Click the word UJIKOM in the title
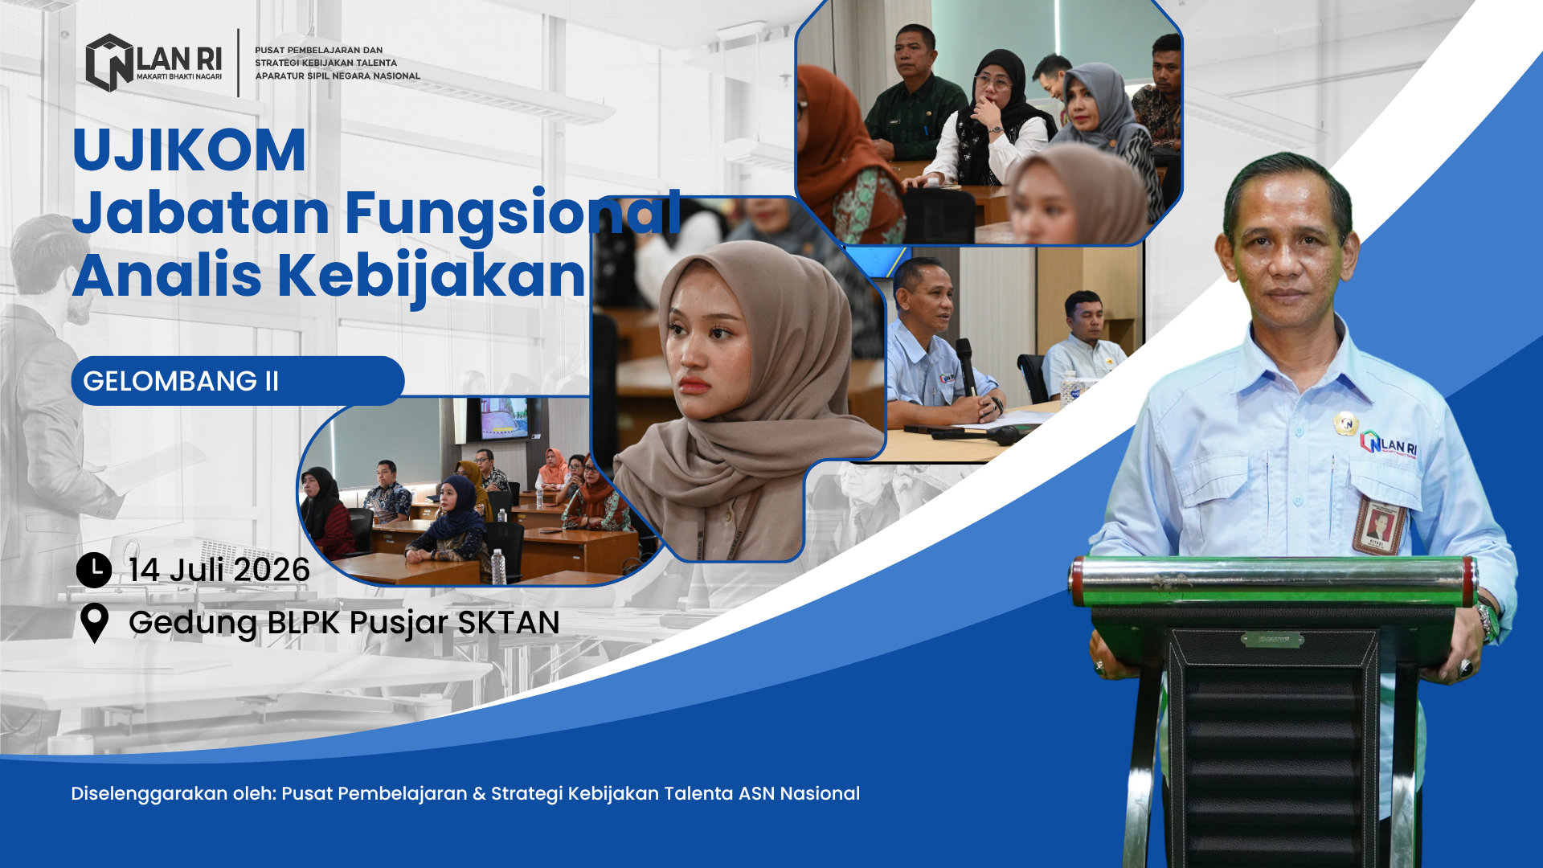pyautogui.click(x=189, y=150)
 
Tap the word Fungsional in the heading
pyautogui.click(x=514, y=215)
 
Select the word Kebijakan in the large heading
pyautogui.click(x=432, y=276)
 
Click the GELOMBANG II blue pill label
pyautogui.click(x=237, y=381)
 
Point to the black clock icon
pyautogui.click(x=94, y=570)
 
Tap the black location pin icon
pyautogui.click(x=94, y=623)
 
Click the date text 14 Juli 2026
pyautogui.click(x=219, y=570)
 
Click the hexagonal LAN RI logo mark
pyautogui.click(x=109, y=63)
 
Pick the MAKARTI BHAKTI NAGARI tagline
pyautogui.click(x=179, y=77)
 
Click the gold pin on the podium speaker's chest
pyautogui.click(x=1345, y=423)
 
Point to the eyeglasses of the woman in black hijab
pyautogui.click(x=993, y=82)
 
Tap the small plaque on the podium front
pyautogui.click(x=1272, y=640)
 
